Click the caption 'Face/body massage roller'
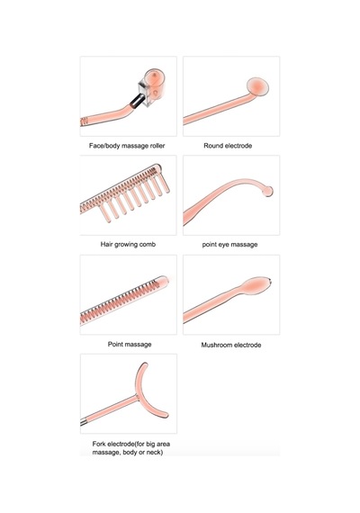click(127, 146)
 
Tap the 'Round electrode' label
click(228, 146)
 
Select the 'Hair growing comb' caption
click(128, 245)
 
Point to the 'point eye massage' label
click(229, 245)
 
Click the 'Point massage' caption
click(130, 344)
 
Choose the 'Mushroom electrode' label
click(231, 345)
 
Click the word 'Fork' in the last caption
click(99, 444)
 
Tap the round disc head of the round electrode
click(257, 86)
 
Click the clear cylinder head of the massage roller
click(153, 85)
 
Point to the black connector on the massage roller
click(137, 101)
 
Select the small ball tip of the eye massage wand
click(268, 191)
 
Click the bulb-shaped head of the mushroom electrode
click(256, 285)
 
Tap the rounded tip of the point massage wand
click(165, 280)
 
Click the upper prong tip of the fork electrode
click(144, 364)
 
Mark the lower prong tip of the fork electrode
click(166, 415)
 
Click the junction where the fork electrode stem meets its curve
click(137, 398)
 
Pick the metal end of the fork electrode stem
click(84, 423)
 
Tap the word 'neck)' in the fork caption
click(154, 452)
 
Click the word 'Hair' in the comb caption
click(106, 244)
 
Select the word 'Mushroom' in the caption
click(215, 345)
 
